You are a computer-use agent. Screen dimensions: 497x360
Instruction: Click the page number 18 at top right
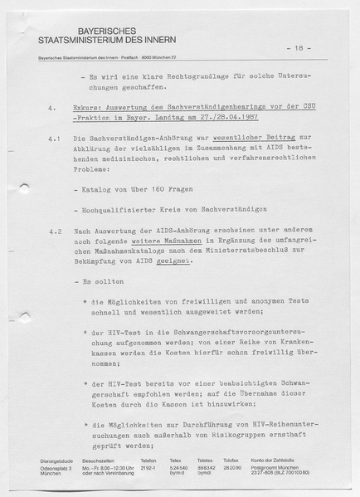click(304, 49)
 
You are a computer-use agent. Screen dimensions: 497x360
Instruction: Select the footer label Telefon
click(148, 460)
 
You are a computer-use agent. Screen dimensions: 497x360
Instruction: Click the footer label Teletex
click(204, 460)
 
